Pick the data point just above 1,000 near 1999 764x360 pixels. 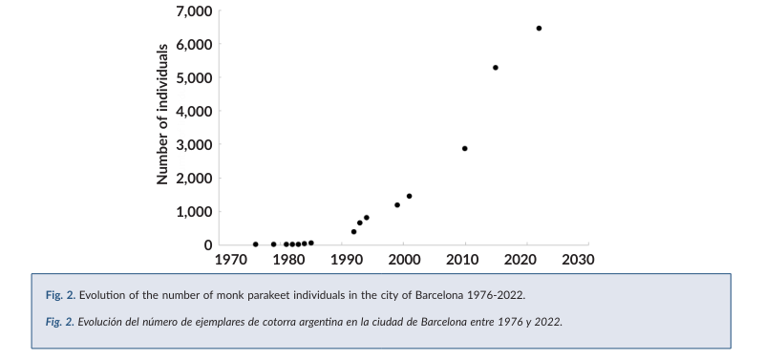(397, 204)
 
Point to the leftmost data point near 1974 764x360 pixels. (255, 244)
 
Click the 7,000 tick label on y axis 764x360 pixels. (193, 11)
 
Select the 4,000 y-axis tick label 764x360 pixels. (193, 111)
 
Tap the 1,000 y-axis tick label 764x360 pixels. (193, 211)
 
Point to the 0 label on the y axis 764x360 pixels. (208, 244)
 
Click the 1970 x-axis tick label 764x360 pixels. (230, 260)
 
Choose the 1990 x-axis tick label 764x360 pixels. (346, 260)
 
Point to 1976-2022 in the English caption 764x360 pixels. (498, 294)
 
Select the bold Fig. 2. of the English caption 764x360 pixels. (60, 294)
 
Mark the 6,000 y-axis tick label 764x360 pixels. (193, 45)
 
